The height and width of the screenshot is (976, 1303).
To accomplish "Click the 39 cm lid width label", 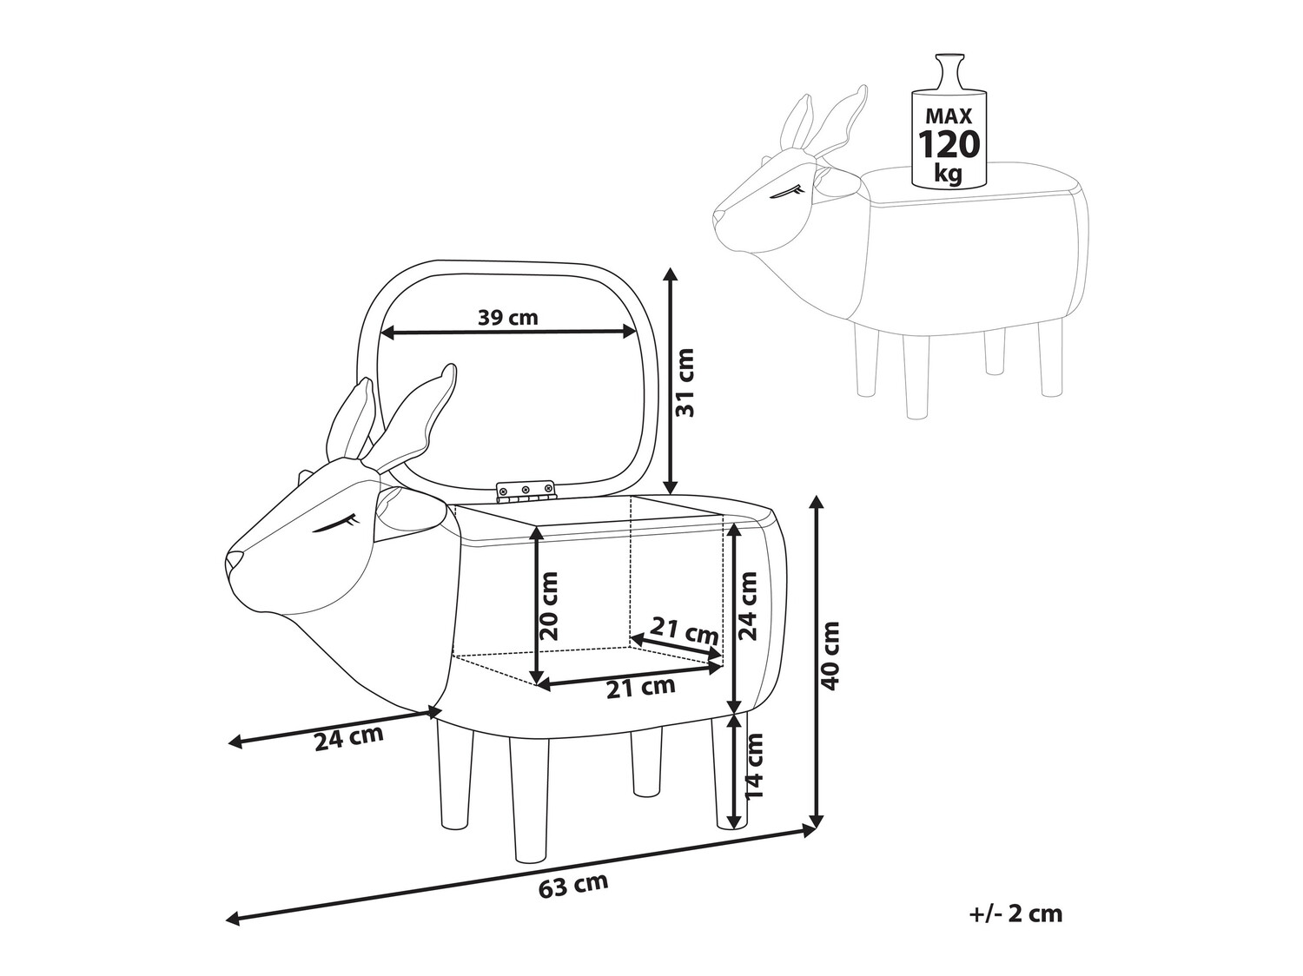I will tap(508, 317).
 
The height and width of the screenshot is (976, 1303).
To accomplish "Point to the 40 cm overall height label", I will tap(831, 656).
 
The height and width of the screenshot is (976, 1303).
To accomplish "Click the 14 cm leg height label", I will tap(754, 766).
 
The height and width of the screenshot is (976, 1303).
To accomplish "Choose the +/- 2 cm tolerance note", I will tap(1015, 913).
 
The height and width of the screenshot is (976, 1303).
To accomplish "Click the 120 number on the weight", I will tap(949, 142).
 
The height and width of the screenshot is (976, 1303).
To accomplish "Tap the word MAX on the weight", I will tap(949, 115).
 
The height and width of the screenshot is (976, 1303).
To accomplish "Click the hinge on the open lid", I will tap(525, 491).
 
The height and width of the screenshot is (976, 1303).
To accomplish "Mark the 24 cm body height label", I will tap(748, 605).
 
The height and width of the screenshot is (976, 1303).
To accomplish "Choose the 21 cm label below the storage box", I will tap(640, 688).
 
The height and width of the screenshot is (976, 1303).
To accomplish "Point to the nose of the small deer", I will tap(718, 214).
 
